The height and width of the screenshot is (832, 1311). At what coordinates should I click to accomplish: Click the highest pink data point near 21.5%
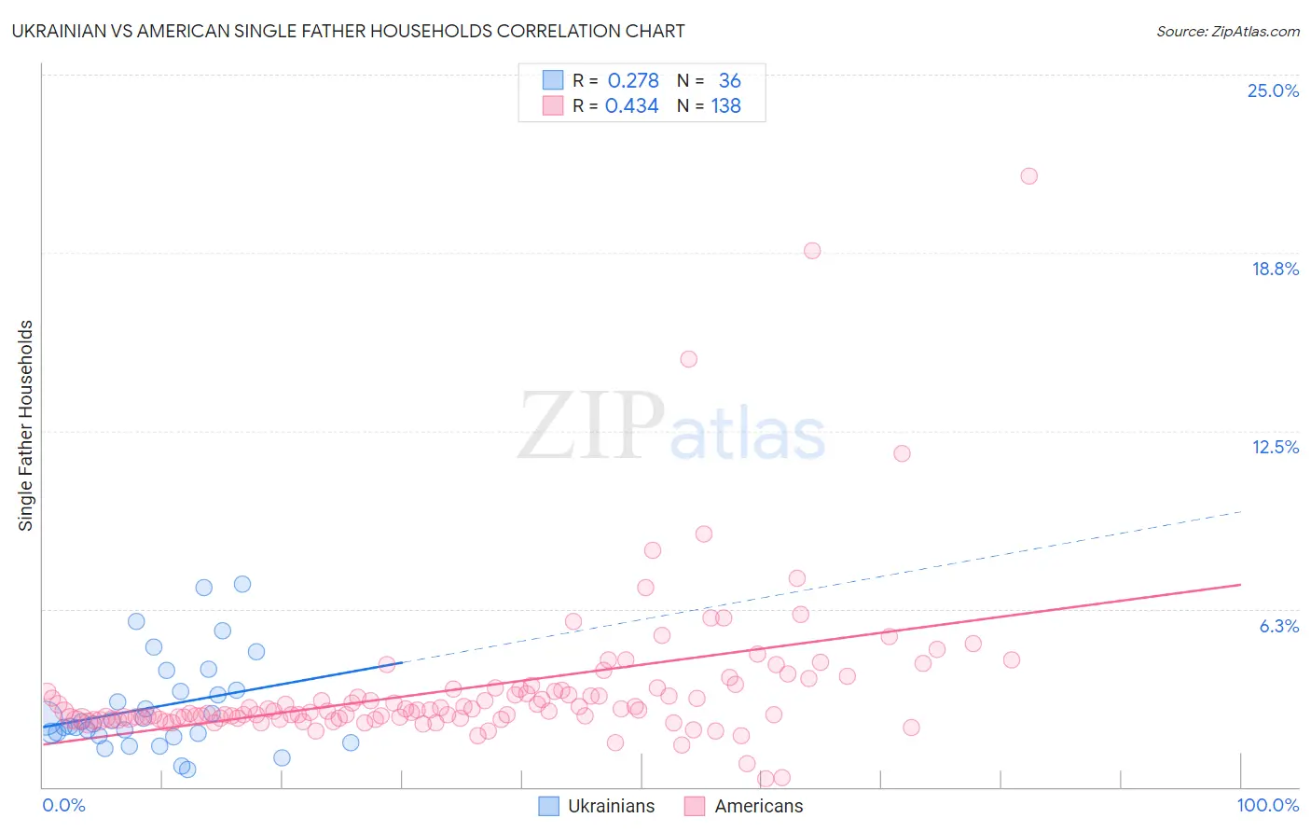tap(1028, 176)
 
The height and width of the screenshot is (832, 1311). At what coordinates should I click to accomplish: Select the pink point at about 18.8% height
tap(812, 251)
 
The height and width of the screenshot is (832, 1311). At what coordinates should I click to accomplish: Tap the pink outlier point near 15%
tap(689, 359)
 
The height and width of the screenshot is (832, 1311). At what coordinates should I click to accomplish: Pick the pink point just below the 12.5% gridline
tap(902, 453)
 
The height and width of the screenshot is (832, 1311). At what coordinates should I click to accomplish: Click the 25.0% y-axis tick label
tap(1273, 91)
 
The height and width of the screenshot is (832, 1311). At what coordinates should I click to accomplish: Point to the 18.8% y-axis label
tap(1275, 270)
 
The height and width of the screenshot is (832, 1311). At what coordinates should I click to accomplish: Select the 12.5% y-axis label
tap(1275, 448)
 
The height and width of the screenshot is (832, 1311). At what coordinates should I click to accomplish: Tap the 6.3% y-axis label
tap(1278, 627)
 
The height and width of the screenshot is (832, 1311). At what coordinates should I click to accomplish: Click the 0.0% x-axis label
tap(63, 806)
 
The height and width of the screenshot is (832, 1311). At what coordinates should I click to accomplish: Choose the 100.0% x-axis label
tap(1267, 806)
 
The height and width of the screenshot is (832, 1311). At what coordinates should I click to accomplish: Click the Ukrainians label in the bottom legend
tap(611, 807)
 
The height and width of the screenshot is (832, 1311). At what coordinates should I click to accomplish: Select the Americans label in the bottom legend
tap(758, 807)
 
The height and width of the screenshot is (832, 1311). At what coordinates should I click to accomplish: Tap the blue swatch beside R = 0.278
tap(553, 80)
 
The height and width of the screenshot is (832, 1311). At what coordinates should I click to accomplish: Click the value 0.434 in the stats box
tap(632, 106)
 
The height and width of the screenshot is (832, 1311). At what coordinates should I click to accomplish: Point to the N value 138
tap(725, 106)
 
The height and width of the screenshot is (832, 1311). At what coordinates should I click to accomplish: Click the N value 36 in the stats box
tap(729, 81)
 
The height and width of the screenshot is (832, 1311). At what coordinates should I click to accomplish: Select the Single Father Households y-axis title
tap(26, 425)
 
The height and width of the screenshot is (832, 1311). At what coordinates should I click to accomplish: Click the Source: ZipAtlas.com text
tap(1227, 32)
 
